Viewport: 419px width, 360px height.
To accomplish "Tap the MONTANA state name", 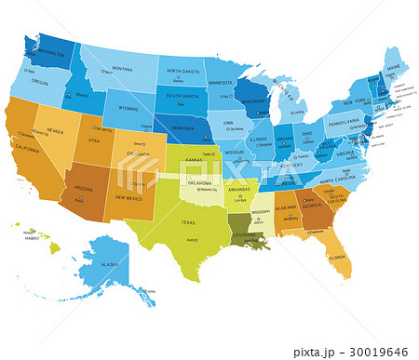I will (122, 68).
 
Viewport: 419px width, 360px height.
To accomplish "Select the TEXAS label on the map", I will (187, 223).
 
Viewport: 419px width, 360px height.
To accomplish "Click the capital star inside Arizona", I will (81, 199).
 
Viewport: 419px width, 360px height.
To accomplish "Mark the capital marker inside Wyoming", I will (145, 126).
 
